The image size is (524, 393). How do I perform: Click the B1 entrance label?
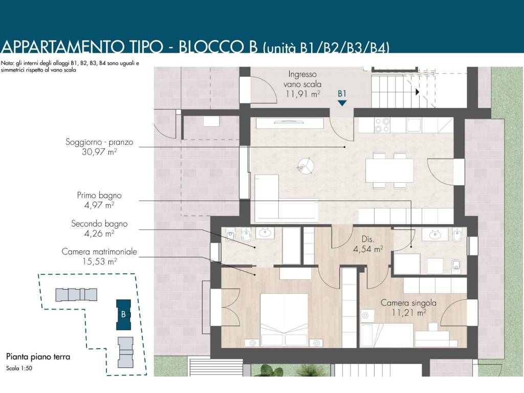tap(342, 94)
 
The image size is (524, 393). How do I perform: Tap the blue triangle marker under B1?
tap(342, 103)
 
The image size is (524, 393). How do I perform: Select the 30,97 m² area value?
tap(99, 152)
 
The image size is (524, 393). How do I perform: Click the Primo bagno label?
tap(99, 195)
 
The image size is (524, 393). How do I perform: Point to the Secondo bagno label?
tap(99, 224)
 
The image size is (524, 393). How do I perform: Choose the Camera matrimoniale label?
tap(99, 252)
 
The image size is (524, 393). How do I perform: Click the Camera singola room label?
tap(408, 303)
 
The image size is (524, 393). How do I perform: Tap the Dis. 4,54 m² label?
tap(368, 244)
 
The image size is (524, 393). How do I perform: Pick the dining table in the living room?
tap(389, 170)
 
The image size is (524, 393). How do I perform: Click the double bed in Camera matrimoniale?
tap(283, 320)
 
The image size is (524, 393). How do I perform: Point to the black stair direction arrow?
tap(418, 92)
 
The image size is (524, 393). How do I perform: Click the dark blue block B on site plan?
tap(123, 315)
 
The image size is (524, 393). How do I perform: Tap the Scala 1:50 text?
tap(19, 368)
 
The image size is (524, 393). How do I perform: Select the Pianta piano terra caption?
tap(38, 357)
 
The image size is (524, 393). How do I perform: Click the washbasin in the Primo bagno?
tap(435, 234)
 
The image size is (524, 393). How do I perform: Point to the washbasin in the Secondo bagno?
tap(265, 233)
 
